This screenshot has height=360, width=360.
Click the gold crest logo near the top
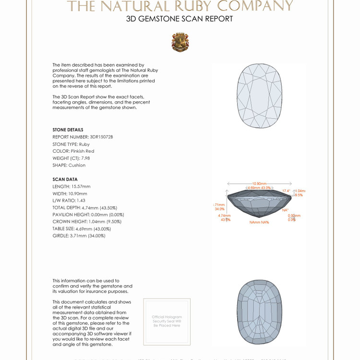click(x=180, y=42)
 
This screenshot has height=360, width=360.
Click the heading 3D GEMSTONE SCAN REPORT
click(x=180, y=19)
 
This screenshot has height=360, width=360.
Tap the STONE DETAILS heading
click(x=68, y=130)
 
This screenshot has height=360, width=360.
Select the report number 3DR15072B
click(x=101, y=137)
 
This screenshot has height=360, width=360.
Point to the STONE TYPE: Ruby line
click(x=71, y=144)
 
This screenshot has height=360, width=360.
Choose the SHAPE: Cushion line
click(x=69, y=165)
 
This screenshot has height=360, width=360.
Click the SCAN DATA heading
click(x=65, y=180)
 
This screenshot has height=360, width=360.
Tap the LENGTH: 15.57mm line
click(x=72, y=186)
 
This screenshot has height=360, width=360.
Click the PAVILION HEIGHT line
click(x=88, y=215)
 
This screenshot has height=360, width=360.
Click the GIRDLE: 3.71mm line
click(x=79, y=236)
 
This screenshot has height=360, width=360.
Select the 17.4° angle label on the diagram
click(x=286, y=191)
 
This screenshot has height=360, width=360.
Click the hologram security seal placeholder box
click(x=167, y=321)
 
